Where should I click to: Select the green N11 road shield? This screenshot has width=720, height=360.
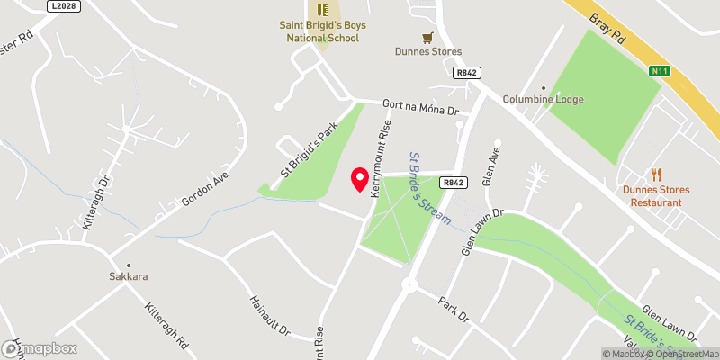(x=660, y=70)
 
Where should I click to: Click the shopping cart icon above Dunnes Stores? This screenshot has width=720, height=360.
(x=428, y=38)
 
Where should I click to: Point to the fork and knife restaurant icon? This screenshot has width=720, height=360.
(x=656, y=175)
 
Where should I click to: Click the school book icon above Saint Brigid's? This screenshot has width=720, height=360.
(x=319, y=10)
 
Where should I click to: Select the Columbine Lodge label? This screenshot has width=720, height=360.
(x=543, y=99)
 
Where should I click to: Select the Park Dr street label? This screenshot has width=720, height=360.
(x=454, y=309)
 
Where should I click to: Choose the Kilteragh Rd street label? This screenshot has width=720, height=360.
(x=167, y=324)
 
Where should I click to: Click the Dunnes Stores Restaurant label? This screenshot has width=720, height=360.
(x=656, y=195)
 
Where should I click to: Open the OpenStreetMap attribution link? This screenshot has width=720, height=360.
(x=681, y=353)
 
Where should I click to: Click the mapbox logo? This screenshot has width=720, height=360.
(x=40, y=349)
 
